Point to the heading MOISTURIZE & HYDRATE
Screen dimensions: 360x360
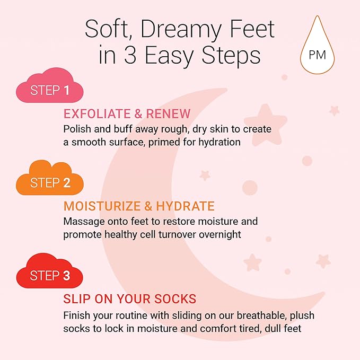click(139, 206)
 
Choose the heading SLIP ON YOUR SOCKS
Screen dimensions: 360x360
click(130, 298)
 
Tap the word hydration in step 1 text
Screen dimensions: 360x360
click(221, 142)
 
